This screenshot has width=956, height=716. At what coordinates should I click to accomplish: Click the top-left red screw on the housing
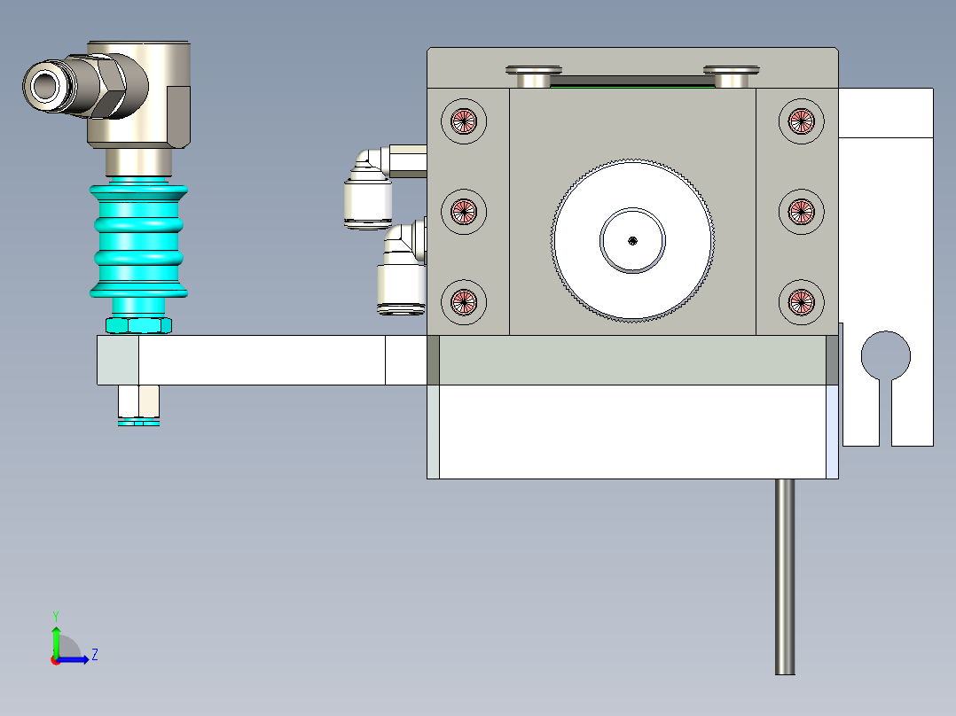[x=464, y=121]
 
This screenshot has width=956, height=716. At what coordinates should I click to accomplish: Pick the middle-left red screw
[x=464, y=211]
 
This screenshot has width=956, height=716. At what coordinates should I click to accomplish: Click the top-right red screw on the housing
[x=801, y=121]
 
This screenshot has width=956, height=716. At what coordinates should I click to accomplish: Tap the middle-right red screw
[x=801, y=211]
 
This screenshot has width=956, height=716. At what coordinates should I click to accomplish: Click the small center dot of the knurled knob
[x=631, y=239]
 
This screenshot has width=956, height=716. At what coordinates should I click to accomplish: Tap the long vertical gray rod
[x=785, y=576]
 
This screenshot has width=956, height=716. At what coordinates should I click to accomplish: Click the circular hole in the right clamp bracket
[x=885, y=354]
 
